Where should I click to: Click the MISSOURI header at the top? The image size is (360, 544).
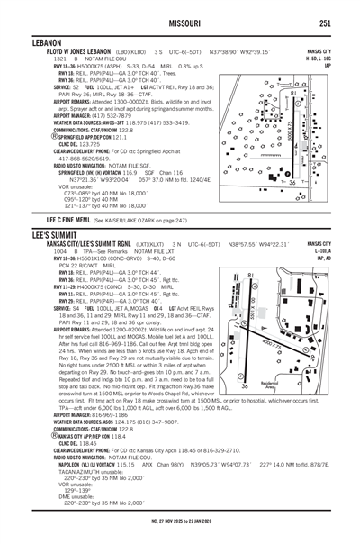coord(180,23)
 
